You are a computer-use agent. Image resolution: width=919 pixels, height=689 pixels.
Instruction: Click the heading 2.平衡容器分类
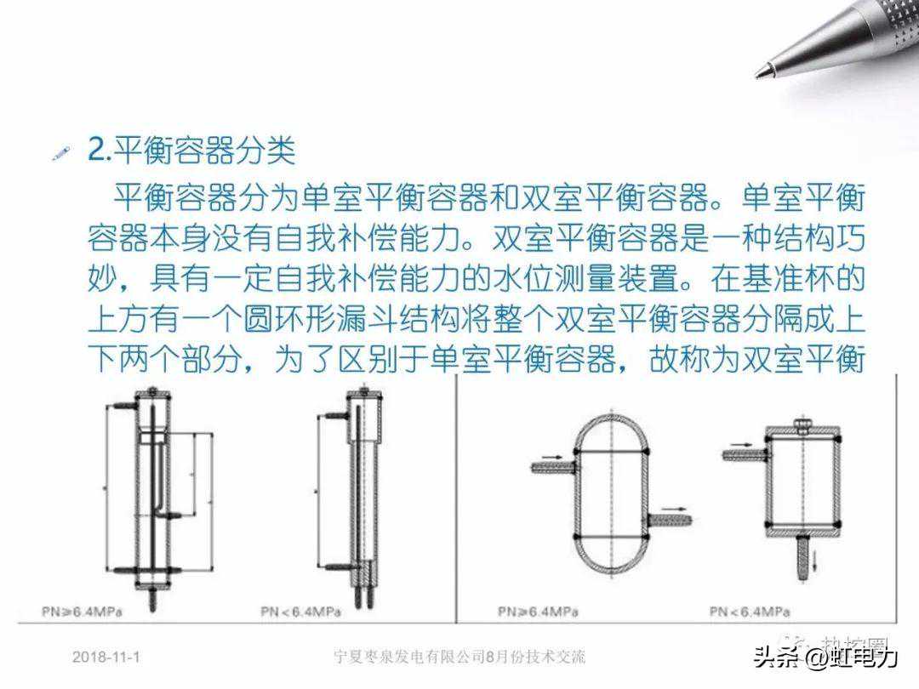[x=192, y=151]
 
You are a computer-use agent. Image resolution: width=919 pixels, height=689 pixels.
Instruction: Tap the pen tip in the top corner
[x=760, y=71]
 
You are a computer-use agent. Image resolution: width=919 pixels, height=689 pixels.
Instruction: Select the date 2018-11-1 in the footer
[x=106, y=657]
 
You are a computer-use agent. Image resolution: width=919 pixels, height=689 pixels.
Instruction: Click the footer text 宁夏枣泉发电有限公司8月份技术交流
[x=459, y=657]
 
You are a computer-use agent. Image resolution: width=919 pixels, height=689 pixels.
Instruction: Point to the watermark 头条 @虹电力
[x=825, y=658]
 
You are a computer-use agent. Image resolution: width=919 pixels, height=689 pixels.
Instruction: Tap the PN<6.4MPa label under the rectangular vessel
[x=749, y=611]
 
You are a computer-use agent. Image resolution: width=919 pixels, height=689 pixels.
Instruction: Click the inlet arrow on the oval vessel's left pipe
[x=552, y=458]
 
